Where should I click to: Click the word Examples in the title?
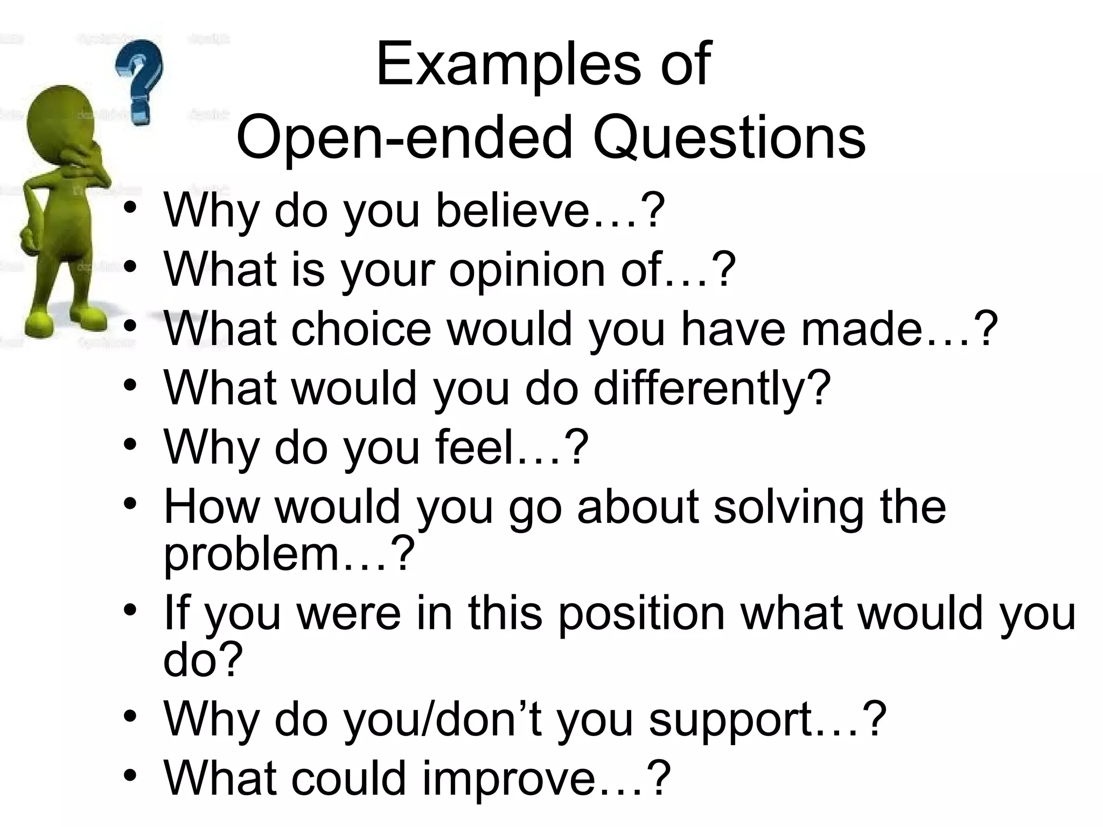click(x=509, y=66)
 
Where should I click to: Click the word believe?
click(x=512, y=210)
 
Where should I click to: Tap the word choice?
click(x=361, y=329)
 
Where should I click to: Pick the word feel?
click(x=474, y=447)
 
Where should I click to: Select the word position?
click(x=641, y=614)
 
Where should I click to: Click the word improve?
click(x=508, y=779)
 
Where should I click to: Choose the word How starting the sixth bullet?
click(x=211, y=507)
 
